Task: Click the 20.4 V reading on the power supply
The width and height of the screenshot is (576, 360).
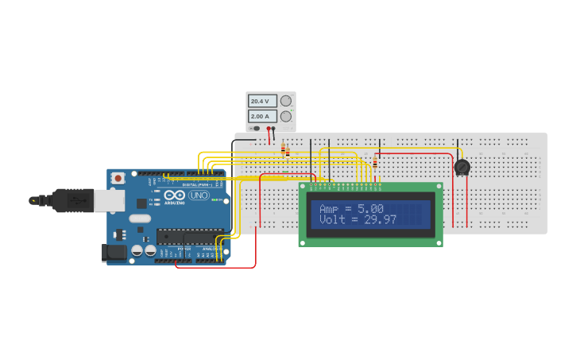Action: coord(261,102)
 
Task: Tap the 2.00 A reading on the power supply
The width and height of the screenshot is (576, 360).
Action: coord(261,116)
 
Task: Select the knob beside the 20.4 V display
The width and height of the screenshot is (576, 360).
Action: coord(286,101)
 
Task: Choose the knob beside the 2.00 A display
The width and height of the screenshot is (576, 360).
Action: coord(286,116)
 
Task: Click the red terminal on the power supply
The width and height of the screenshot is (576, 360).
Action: coord(269,128)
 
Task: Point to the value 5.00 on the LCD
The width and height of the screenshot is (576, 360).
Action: coord(370,208)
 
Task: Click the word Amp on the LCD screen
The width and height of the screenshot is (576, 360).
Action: coord(329,208)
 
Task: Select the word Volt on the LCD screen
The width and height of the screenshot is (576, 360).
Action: coord(332,219)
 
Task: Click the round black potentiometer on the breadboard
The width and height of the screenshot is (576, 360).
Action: coord(462,167)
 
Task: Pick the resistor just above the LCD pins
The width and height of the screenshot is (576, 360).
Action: coord(375,162)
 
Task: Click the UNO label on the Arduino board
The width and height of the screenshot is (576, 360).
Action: coord(199,195)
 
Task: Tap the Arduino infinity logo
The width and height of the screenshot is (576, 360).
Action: coord(175,195)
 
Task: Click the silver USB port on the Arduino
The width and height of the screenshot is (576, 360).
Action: coord(110,200)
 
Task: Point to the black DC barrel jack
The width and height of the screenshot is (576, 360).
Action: coord(114,253)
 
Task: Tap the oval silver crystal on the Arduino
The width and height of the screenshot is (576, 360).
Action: coord(139,219)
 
